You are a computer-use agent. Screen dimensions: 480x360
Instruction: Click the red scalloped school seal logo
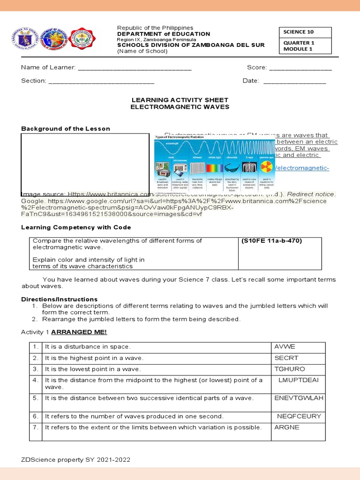(82, 40)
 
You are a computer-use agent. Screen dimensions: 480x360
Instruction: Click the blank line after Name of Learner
(135, 68)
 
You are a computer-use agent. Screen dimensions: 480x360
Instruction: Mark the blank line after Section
(101, 81)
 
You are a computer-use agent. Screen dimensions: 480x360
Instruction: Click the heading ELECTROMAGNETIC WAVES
(180, 107)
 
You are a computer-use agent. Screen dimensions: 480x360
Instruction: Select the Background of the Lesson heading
(66, 128)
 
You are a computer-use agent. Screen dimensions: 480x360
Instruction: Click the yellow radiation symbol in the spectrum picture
(266, 167)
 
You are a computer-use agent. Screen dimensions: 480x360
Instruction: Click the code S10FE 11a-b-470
(272, 241)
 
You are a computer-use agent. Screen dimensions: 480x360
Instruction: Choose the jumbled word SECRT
(286, 358)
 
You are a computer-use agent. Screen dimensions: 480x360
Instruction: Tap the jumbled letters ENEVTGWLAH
(299, 398)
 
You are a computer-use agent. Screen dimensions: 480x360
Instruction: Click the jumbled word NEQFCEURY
(299, 416)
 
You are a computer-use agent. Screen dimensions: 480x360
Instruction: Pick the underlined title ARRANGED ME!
(79, 332)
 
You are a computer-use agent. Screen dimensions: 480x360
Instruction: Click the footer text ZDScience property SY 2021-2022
(76, 460)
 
